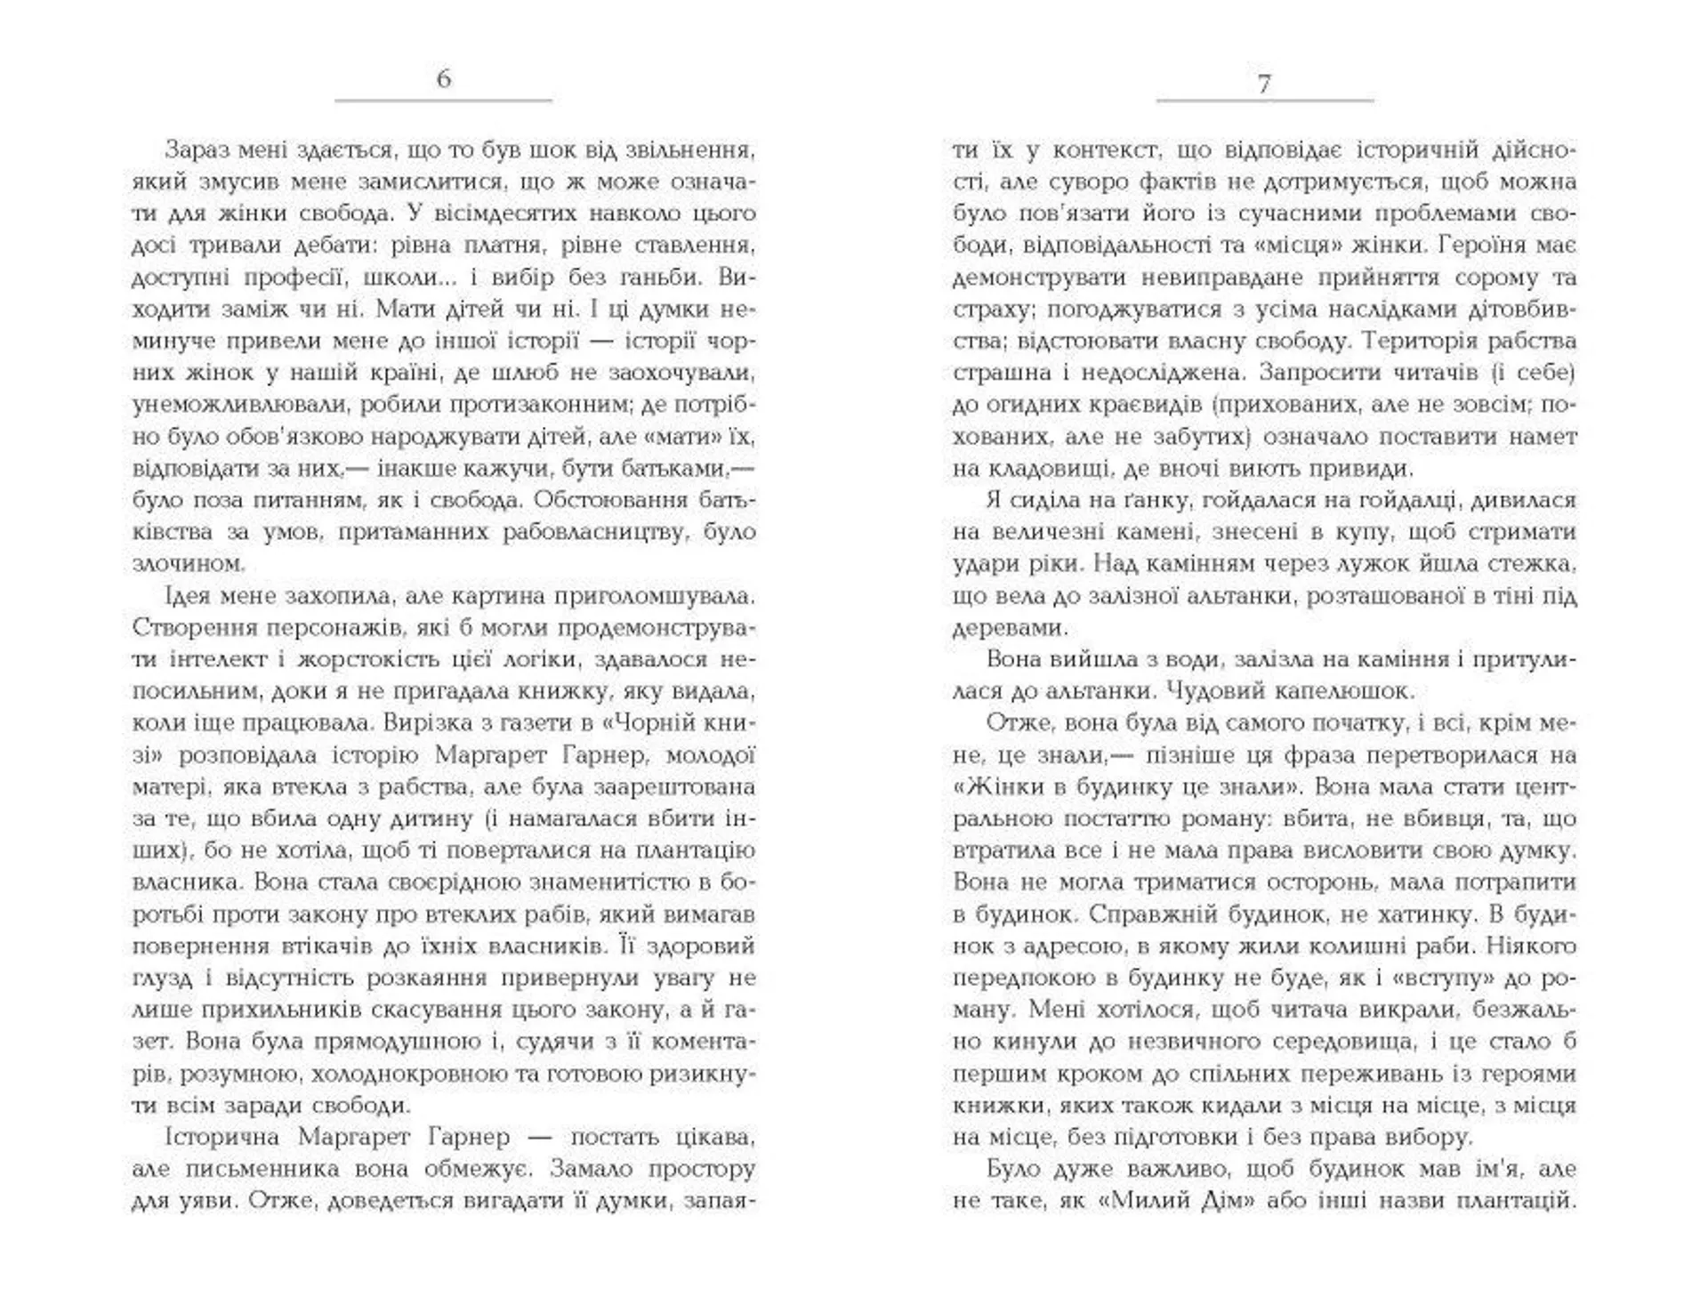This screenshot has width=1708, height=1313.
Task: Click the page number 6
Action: pyautogui.click(x=444, y=79)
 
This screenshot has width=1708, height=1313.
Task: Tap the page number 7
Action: pyautogui.click(x=1264, y=85)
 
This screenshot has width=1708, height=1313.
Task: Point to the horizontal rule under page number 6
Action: pyautogui.click(x=444, y=101)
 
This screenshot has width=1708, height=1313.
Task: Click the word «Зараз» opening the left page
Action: pyautogui.click(x=197, y=149)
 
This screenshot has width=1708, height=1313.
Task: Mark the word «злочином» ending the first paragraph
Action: pyautogui.click(x=187, y=564)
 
